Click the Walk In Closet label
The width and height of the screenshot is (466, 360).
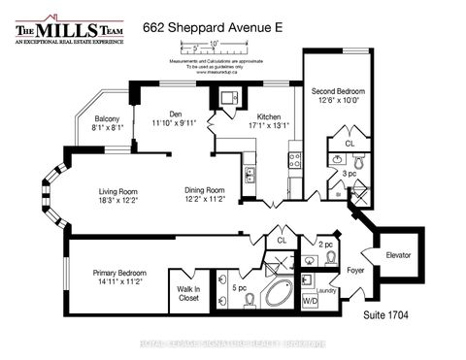(x=189, y=294)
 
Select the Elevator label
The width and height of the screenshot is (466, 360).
(x=399, y=255)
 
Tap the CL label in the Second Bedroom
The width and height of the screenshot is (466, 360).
(x=349, y=143)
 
